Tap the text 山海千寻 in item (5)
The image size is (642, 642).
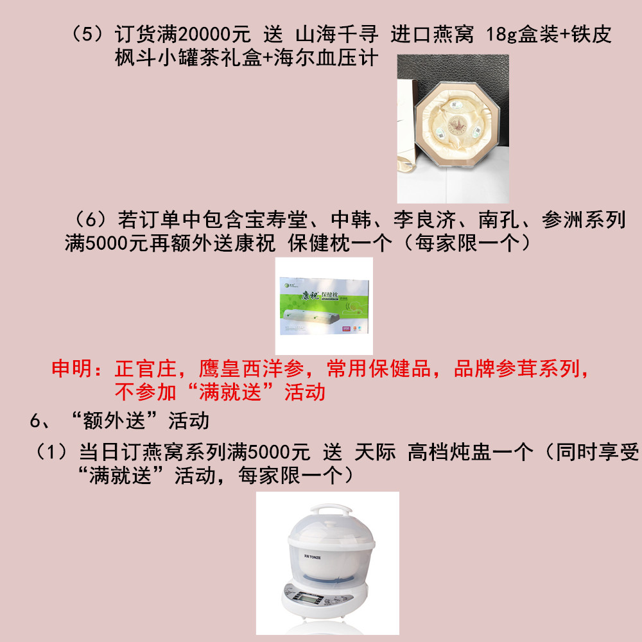[337, 34]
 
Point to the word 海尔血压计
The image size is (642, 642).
[325, 58]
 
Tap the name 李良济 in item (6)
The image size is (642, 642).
[424, 220]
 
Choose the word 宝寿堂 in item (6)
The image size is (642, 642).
[276, 220]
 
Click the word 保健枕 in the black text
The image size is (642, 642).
[319, 243]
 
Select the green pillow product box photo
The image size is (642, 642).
[324, 306]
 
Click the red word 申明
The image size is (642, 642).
[72, 369]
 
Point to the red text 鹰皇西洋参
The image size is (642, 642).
[252, 369]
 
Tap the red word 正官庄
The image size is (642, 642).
[146, 369]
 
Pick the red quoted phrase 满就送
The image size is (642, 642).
[230, 392]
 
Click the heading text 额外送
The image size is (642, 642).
[114, 421]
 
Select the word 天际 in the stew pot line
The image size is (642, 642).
[375, 453]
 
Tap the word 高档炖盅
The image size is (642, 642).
[449, 453]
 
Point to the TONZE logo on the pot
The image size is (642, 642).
[313, 557]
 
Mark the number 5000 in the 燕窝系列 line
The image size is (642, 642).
[268, 453]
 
